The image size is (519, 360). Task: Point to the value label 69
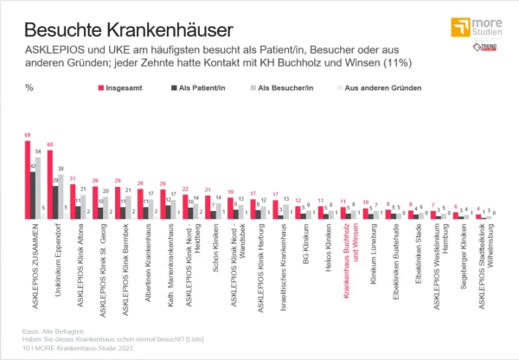28,135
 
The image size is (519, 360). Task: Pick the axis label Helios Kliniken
321,247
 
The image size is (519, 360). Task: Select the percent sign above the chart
29,87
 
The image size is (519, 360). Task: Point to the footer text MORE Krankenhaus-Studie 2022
86,348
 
